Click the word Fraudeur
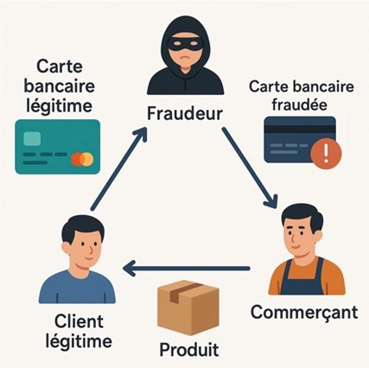[x=185, y=114]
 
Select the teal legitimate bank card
[x=58, y=147]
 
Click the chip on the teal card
[x=32, y=138]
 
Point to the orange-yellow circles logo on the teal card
[x=82, y=159]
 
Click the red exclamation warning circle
[x=326, y=154]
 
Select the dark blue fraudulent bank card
[x=300, y=139]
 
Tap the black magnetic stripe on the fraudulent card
[x=300, y=129]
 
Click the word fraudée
[x=300, y=104]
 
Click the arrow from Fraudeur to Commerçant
[x=250, y=168]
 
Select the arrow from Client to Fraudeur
[x=118, y=169]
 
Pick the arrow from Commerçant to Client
[x=186, y=269]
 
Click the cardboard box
[x=188, y=308]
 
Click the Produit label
[x=189, y=350]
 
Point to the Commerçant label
[x=304, y=312]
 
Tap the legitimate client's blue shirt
[x=77, y=287]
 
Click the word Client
[x=79, y=321]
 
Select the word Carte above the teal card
[x=60, y=66]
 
